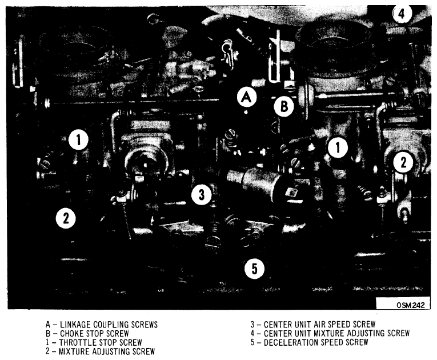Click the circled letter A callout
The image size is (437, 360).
tap(246, 97)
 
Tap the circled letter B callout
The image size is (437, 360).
tap(284, 106)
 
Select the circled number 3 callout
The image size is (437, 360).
tap(202, 194)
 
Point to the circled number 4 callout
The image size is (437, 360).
tap(402, 13)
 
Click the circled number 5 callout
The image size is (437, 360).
tap(254, 269)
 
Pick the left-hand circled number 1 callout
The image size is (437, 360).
tap(79, 139)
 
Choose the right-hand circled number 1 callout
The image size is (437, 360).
tap(338, 147)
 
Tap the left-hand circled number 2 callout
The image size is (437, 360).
tap(66, 218)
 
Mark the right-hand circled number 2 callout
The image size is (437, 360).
tap(403, 162)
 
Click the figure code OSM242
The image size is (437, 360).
tap(411, 305)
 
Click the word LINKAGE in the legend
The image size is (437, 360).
tap(75, 325)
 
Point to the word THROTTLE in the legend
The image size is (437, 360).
tap(77, 342)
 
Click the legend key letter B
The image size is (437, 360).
tap(48, 334)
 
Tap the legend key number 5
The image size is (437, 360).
tap(252, 342)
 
